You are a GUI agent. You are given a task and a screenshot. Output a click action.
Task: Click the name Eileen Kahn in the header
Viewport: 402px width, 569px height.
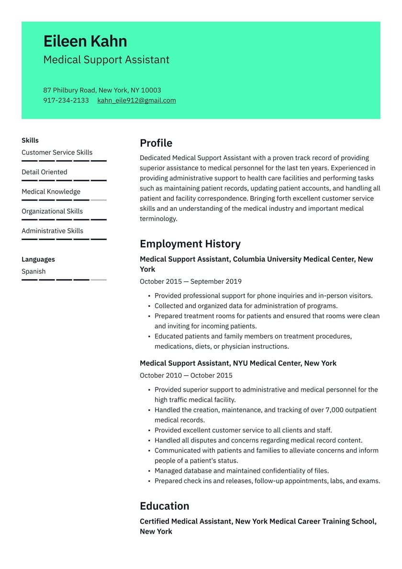pyautogui.click(x=85, y=41)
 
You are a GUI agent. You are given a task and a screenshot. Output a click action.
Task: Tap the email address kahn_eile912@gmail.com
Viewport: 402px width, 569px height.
pyautogui.click(x=136, y=100)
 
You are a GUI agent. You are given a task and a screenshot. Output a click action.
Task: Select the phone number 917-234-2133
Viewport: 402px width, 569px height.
pyautogui.click(x=66, y=100)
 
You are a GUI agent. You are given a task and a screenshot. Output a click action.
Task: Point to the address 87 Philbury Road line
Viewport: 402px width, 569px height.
pyautogui.click(x=102, y=90)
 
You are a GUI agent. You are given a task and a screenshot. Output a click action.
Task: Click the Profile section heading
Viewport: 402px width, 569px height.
pyautogui.click(x=156, y=143)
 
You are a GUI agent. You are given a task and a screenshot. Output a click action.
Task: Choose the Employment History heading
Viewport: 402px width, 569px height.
pyautogui.click(x=190, y=244)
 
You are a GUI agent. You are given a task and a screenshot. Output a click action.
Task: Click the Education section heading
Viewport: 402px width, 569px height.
pyautogui.click(x=164, y=506)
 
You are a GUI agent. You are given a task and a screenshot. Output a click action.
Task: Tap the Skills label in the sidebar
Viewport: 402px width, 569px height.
pyautogui.click(x=30, y=140)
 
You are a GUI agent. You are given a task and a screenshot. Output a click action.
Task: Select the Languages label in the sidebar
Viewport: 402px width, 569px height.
pyautogui.click(x=38, y=259)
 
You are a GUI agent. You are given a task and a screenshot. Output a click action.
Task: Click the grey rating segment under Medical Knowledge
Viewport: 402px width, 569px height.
pyautogui.click(x=99, y=200)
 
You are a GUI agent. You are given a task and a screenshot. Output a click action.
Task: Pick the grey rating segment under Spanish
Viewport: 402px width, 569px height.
pyautogui.click(x=99, y=279)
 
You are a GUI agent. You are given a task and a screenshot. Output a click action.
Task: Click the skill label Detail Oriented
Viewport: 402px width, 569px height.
pyautogui.click(x=44, y=172)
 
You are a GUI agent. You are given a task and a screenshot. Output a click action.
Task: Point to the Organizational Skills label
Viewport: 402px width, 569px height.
pyautogui.click(x=52, y=211)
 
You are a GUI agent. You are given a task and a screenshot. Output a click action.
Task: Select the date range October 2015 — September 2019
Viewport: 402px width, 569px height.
pyautogui.click(x=190, y=281)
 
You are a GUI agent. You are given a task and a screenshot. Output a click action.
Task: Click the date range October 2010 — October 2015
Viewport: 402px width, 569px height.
pyautogui.click(x=186, y=375)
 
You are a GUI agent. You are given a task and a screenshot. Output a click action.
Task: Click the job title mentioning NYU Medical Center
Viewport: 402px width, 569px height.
pyautogui.click(x=238, y=363)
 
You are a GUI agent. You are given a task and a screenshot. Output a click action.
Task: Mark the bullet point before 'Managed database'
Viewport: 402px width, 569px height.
pyautogui.click(x=149, y=471)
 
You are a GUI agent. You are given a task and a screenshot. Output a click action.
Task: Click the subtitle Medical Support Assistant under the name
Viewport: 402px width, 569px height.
pyautogui.click(x=106, y=59)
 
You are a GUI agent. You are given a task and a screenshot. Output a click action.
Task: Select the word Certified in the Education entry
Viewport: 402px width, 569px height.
pyautogui.click(x=154, y=521)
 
